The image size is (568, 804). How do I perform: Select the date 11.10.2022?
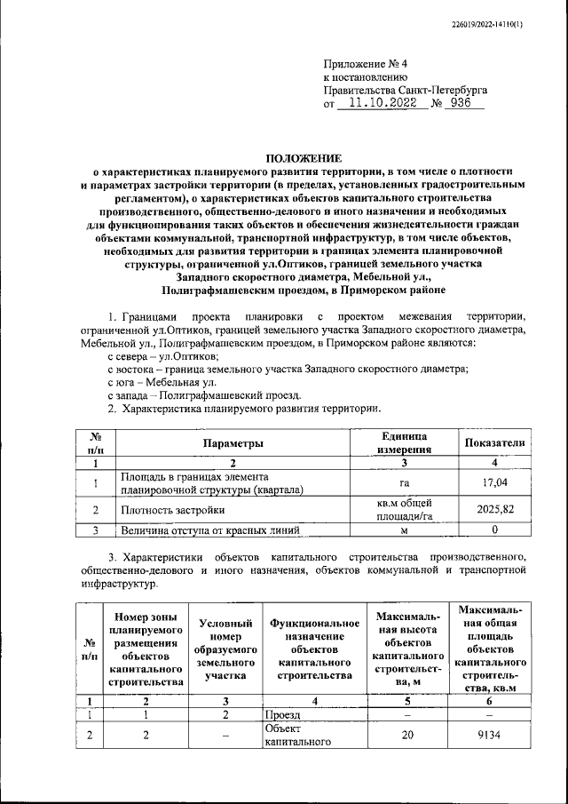(x=385, y=103)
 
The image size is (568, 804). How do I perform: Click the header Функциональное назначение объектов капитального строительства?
(x=314, y=651)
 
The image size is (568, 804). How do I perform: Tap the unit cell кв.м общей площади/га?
(x=404, y=509)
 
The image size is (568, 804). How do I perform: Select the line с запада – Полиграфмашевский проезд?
(x=203, y=394)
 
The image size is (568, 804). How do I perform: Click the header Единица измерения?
(x=404, y=442)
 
